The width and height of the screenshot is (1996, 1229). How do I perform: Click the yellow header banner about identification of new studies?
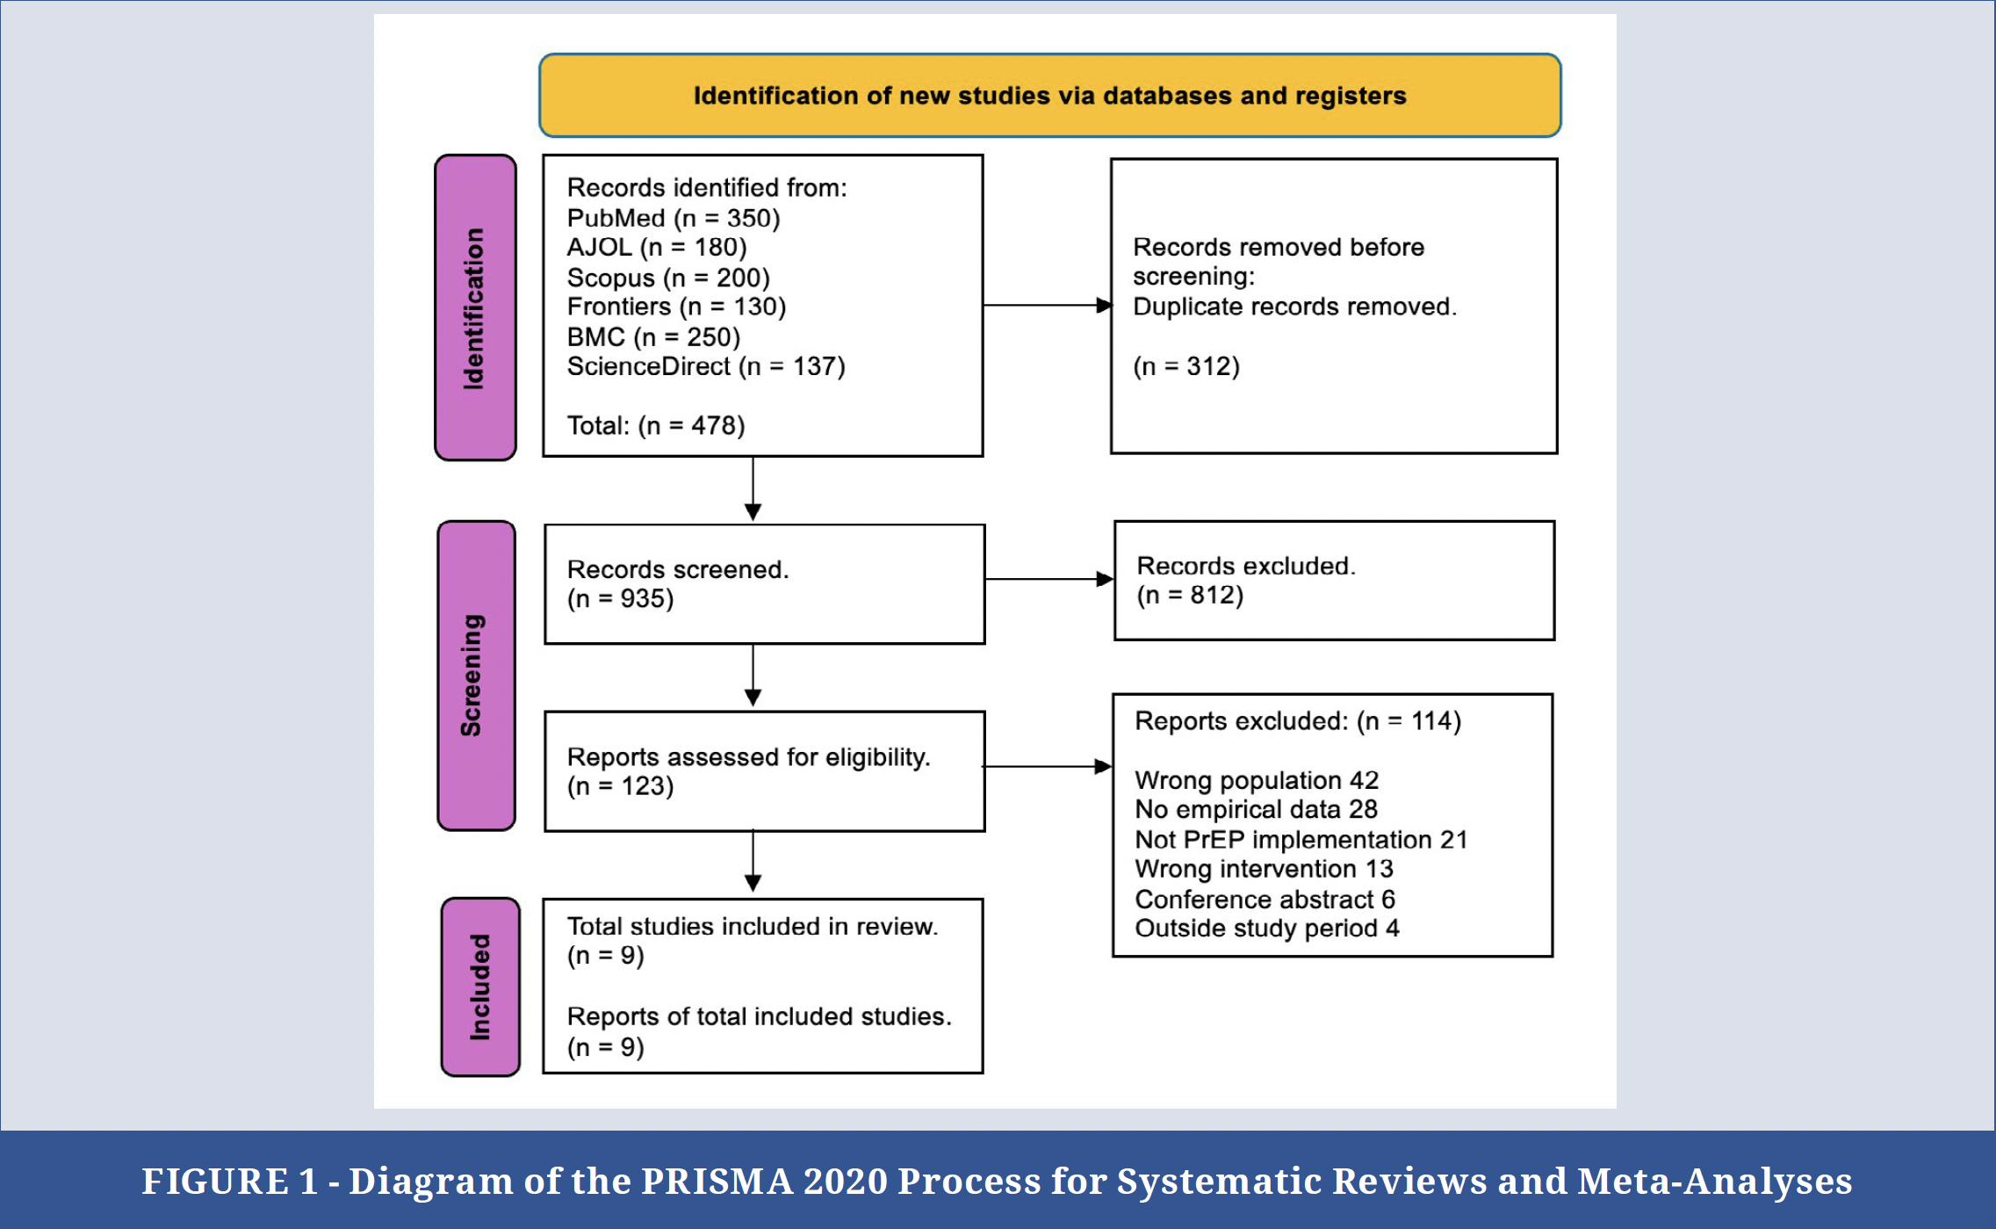click(x=1049, y=95)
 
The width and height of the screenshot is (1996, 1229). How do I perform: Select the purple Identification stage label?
click(x=475, y=307)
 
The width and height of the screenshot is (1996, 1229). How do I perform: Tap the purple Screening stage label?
click(x=476, y=676)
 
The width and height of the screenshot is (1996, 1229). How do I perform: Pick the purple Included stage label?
click(x=480, y=987)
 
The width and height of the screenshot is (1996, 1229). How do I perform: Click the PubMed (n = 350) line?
click(x=674, y=218)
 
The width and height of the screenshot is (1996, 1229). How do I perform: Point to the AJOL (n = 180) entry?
click(x=657, y=248)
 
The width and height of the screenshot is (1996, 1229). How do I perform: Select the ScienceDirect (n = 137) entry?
click(x=706, y=366)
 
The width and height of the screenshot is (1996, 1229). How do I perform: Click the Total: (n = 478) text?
click(x=656, y=426)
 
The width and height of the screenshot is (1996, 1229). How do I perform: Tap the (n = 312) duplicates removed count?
click(x=1186, y=366)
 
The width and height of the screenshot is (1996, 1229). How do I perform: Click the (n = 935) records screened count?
click(x=621, y=599)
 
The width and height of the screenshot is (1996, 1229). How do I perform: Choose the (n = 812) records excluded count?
click(x=1190, y=596)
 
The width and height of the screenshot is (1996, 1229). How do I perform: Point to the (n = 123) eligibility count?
click(x=621, y=786)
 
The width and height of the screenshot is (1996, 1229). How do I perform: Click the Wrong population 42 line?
click(x=1257, y=780)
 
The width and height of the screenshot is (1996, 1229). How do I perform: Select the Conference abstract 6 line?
click(x=1265, y=900)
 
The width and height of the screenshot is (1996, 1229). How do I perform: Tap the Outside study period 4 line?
click(x=1266, y=929)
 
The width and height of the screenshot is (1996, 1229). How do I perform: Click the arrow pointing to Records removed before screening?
click(x=1048, y=306)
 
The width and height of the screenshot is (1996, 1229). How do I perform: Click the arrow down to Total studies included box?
click(x=753, y=861)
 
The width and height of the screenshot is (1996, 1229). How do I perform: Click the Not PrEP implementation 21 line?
click(x=1301, y=840)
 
